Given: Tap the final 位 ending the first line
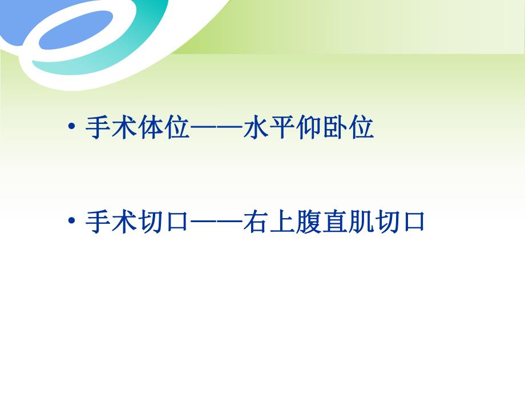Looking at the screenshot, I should [361, 128].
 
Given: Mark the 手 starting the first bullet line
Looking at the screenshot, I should [99, 128].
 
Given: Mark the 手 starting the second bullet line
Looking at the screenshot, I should [99, 221].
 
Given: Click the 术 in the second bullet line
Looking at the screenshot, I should [124, 221].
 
